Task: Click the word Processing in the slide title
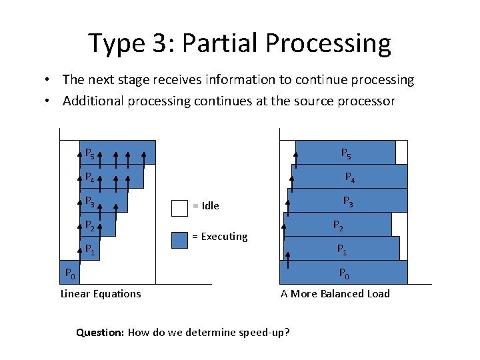tap(329, 43)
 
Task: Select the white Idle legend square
tap(179, 207)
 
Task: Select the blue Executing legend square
tap(179, 239)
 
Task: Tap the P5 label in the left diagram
tap(89, 153)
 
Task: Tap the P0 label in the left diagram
tap(69, 273)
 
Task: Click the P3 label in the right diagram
tap(348, 201)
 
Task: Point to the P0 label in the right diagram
tap(344, 273)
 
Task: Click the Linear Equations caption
tap(101, 294)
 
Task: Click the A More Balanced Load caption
tap(335, 294)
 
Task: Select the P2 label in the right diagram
tap(338, 225)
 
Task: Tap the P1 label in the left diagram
tap(89, 249)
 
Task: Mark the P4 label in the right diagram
tap(349, 177)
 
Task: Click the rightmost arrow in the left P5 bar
tap(144, 157)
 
